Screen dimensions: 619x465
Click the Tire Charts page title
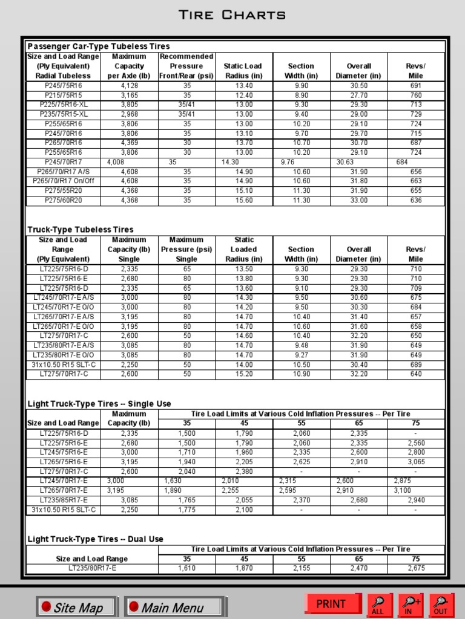tap(232, 15)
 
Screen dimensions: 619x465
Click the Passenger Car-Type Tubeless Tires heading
tap(99, 46)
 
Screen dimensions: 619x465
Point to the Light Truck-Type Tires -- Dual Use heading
tap(96, 539)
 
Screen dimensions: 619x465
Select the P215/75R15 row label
tap(63, 95)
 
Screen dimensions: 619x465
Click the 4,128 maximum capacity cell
tap(129, 85)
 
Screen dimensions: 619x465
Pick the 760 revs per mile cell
tap(416, 95)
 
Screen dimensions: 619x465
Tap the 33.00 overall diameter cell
tap(359, 201)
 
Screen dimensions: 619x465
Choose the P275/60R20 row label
tap(63, 201)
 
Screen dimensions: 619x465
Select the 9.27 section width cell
tap(301, 355)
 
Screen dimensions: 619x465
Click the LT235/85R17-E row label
tap(63, 500)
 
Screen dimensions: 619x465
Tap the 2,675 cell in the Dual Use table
tap(416, 568)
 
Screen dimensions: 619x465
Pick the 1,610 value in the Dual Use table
tap(186, 568)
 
